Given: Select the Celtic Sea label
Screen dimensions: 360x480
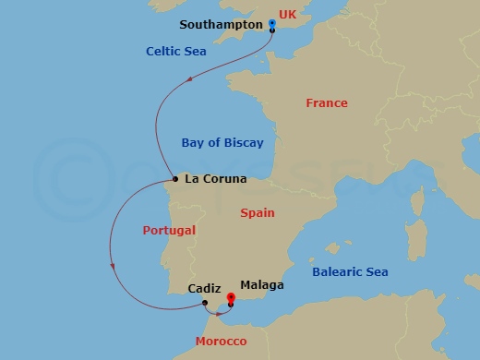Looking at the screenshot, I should click(175, 52).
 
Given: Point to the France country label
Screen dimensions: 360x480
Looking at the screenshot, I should click(327, 103).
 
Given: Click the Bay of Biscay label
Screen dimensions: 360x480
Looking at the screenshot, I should click(222, 142).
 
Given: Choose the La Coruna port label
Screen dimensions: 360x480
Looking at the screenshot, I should click(217, 179).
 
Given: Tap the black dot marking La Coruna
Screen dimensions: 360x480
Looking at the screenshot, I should click(175, 179).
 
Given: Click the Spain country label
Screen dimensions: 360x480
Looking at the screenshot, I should click(258, 212).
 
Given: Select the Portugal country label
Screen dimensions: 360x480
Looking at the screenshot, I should click(169, 231).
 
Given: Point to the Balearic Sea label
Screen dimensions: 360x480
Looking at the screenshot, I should click(350, 272).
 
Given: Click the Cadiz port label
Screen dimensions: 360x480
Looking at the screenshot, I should click(203, 288).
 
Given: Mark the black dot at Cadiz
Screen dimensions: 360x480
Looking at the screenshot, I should click(205, 302).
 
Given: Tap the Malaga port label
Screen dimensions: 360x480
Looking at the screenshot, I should click(261, 285).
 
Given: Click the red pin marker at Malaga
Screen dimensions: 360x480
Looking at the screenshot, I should click(230, 297).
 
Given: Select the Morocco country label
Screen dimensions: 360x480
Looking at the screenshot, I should click(221, 342).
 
